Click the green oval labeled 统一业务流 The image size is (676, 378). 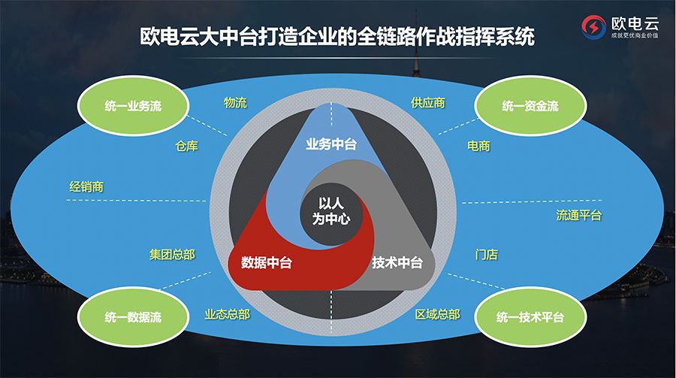(x=133, y=107)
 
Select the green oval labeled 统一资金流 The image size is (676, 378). (x=530, y=107)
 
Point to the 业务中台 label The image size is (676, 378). (x=331, y=144)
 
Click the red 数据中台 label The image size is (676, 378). (x=267, y=263)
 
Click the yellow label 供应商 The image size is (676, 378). (x=427, y=103)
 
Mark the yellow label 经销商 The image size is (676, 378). (x=86, y=186)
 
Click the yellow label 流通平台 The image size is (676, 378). (x=579, y=216)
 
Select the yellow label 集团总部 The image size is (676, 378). (x=172, y=255)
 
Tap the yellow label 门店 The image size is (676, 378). (x=486, y=255)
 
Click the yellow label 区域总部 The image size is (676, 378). (x=437, y=314)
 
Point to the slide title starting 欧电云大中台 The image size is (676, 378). (x=337, y=36)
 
